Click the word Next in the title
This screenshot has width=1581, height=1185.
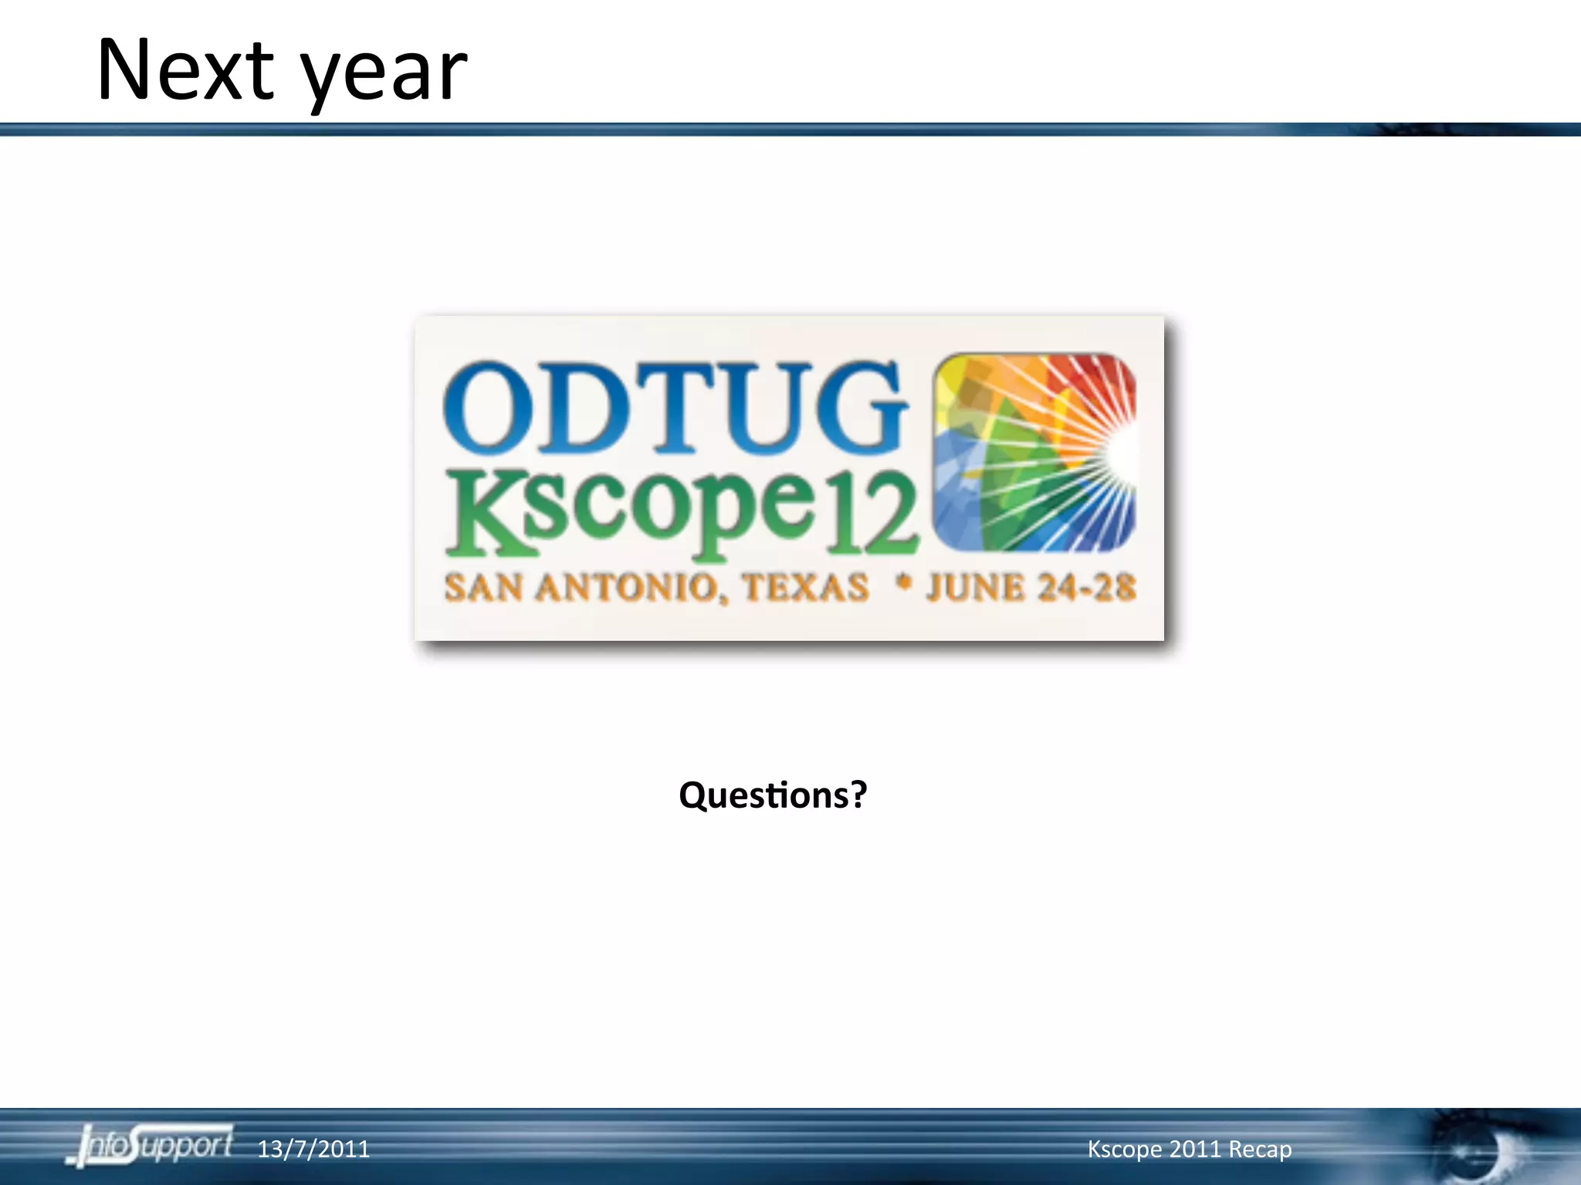(185, 71)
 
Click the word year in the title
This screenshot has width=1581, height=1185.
(384, 76)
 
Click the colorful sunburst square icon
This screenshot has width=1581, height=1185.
(1034, 453)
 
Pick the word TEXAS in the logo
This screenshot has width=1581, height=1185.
(805, 588)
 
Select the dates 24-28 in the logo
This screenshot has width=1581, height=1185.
(1086, 588)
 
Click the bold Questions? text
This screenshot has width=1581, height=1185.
(773, 795)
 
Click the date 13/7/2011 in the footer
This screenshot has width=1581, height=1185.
(313, 1150)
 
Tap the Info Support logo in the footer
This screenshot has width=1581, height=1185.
(151, 1146)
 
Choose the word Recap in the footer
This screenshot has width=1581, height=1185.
(1260, 1150)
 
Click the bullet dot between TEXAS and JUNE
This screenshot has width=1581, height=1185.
(902, 583)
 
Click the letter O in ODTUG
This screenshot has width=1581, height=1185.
(488, 407)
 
